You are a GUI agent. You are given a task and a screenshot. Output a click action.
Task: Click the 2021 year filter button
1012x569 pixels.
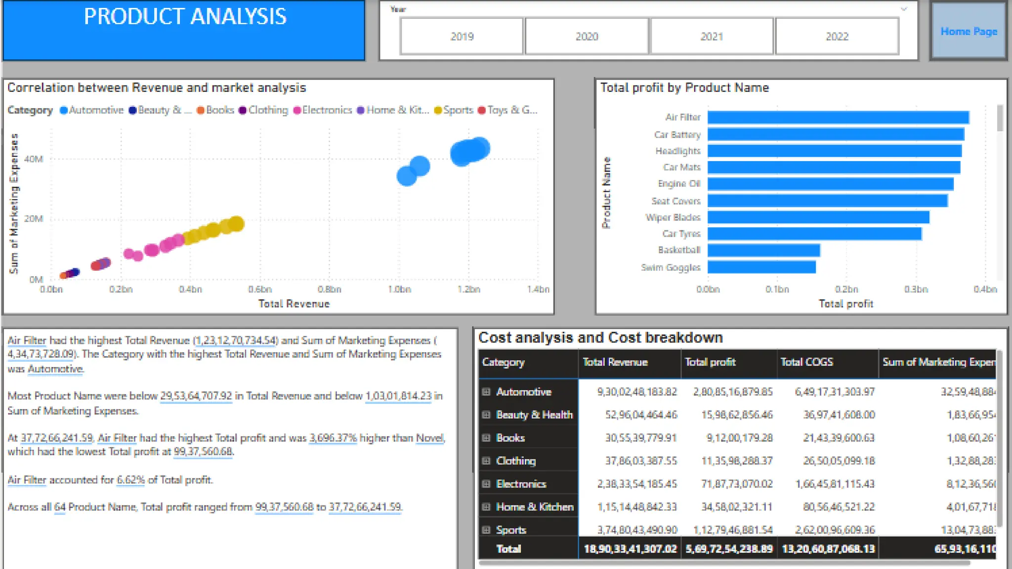pyautogui.click(x=712, y=36)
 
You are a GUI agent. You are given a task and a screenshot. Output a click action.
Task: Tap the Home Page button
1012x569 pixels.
pyautogui.click(x=969, y=31)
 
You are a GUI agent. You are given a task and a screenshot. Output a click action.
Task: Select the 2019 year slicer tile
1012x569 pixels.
pyautogui.click(x=462, y=36)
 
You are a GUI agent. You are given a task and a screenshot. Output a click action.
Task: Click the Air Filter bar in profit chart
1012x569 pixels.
pyautogui.click(x=838, y=117)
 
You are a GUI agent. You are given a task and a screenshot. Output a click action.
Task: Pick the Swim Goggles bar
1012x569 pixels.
pyautogui.click(x=761, y=267)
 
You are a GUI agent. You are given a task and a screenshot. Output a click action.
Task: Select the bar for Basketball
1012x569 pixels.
pyautogui.click(x=763, y=250)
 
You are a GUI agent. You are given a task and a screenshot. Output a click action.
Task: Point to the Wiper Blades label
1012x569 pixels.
pyautogui.click(x=673, y=217)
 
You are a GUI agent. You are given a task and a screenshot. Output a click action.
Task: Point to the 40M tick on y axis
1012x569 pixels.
pyautogui.click(x=34, y=159)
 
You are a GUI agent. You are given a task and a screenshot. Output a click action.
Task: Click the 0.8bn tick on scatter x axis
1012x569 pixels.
pyautogui.click(x=329, y=289)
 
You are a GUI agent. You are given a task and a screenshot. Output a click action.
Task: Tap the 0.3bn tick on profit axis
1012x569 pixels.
pyautogui.click(x=916, y=289)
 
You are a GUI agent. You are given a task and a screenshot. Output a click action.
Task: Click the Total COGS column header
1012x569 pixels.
pyautogui.click(x=806, y=362)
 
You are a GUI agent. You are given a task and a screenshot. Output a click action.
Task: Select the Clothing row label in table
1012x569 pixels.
pyautogui.click(x=515, y=461)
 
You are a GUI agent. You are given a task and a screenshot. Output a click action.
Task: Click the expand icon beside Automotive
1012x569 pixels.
pyautogui.click(x=486, y=392)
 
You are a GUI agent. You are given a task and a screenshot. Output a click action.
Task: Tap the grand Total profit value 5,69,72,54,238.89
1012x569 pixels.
pyautogui.click(x=729, y=549)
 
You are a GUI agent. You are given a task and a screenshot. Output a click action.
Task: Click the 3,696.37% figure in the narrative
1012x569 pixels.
pyautogui.click(x=333, y=438)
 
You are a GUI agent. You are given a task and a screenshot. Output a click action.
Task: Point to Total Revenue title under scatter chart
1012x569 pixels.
pyautogui.click(x=294, y=304)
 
